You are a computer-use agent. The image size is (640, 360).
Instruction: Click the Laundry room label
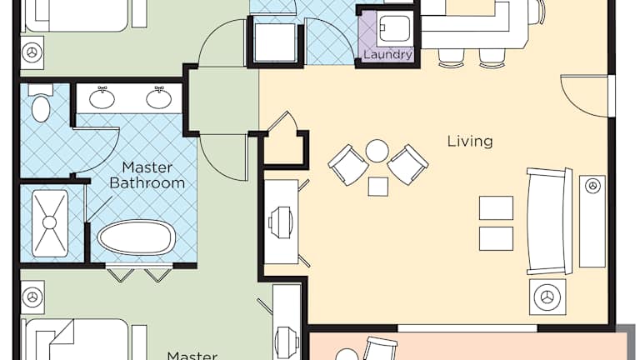coord(387,55)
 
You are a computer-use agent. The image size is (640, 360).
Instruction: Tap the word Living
coord(470,142)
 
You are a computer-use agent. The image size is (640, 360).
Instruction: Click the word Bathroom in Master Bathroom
coord(147,182)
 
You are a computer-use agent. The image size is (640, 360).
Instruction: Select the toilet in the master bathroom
coord(41,103)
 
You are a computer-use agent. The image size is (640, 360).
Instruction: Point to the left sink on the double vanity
coord(102,97)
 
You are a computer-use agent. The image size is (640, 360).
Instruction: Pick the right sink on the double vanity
coord(159,97)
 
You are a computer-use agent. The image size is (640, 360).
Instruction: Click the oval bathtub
coord(137,237)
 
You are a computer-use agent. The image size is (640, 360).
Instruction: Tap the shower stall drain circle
coord(49,222)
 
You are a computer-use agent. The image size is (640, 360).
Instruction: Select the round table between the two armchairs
coord(377,151)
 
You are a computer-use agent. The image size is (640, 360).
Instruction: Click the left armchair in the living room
coord(347,165)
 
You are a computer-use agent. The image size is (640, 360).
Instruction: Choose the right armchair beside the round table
coord(407,164)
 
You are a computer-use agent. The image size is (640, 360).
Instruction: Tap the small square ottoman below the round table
coord(378,187)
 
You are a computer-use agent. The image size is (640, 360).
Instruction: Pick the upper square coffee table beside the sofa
coord(496,208)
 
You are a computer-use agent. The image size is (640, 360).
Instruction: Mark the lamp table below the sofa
coord(547,297)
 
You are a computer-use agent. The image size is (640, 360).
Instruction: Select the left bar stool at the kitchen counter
coord(451,57)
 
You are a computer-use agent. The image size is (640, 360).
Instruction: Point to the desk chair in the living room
coord(281,222)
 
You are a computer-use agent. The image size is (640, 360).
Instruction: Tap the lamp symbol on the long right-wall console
coord(592,187)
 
